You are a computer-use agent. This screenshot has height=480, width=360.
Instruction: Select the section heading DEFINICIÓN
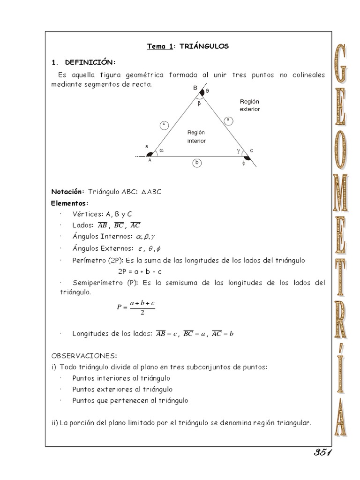tap(90, 62)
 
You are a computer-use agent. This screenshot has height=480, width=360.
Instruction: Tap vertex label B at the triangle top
tap(195, 88)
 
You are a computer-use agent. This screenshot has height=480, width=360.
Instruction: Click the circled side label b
tap(197, 163)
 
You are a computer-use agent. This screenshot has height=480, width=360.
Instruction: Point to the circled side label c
tap(164, 124)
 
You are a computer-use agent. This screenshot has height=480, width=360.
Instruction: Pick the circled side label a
tap(228, 120)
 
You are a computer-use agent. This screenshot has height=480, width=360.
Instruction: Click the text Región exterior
tap(249, 105)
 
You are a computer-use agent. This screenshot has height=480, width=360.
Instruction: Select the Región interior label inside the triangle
tap(196, 136)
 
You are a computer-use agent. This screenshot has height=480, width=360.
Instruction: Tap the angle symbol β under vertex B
tap(199, 103)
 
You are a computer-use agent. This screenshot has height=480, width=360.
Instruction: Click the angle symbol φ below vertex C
tap(244, 165)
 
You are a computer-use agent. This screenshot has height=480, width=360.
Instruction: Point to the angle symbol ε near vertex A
tap(147, 147)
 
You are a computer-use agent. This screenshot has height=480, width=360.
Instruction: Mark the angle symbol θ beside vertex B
tap(207, 90)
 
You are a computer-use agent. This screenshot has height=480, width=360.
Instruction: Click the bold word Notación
tap(67, 192)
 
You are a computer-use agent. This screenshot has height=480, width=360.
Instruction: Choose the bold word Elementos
tap(69, 203)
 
